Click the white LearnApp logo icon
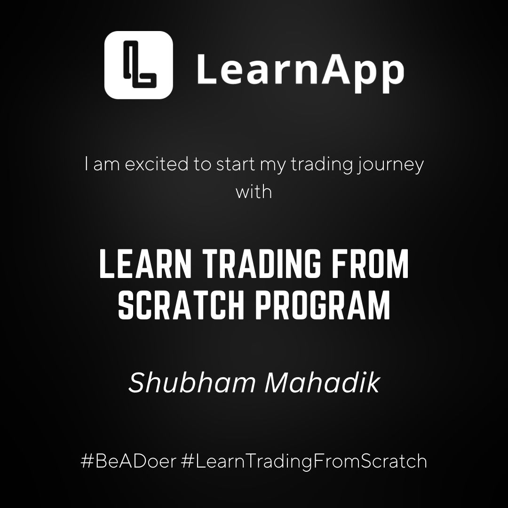139,65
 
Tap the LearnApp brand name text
300,71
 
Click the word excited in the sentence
157,164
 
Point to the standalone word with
254,191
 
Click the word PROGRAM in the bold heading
323,305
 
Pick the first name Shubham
192,382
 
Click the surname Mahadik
322,382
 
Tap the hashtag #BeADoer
128,460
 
